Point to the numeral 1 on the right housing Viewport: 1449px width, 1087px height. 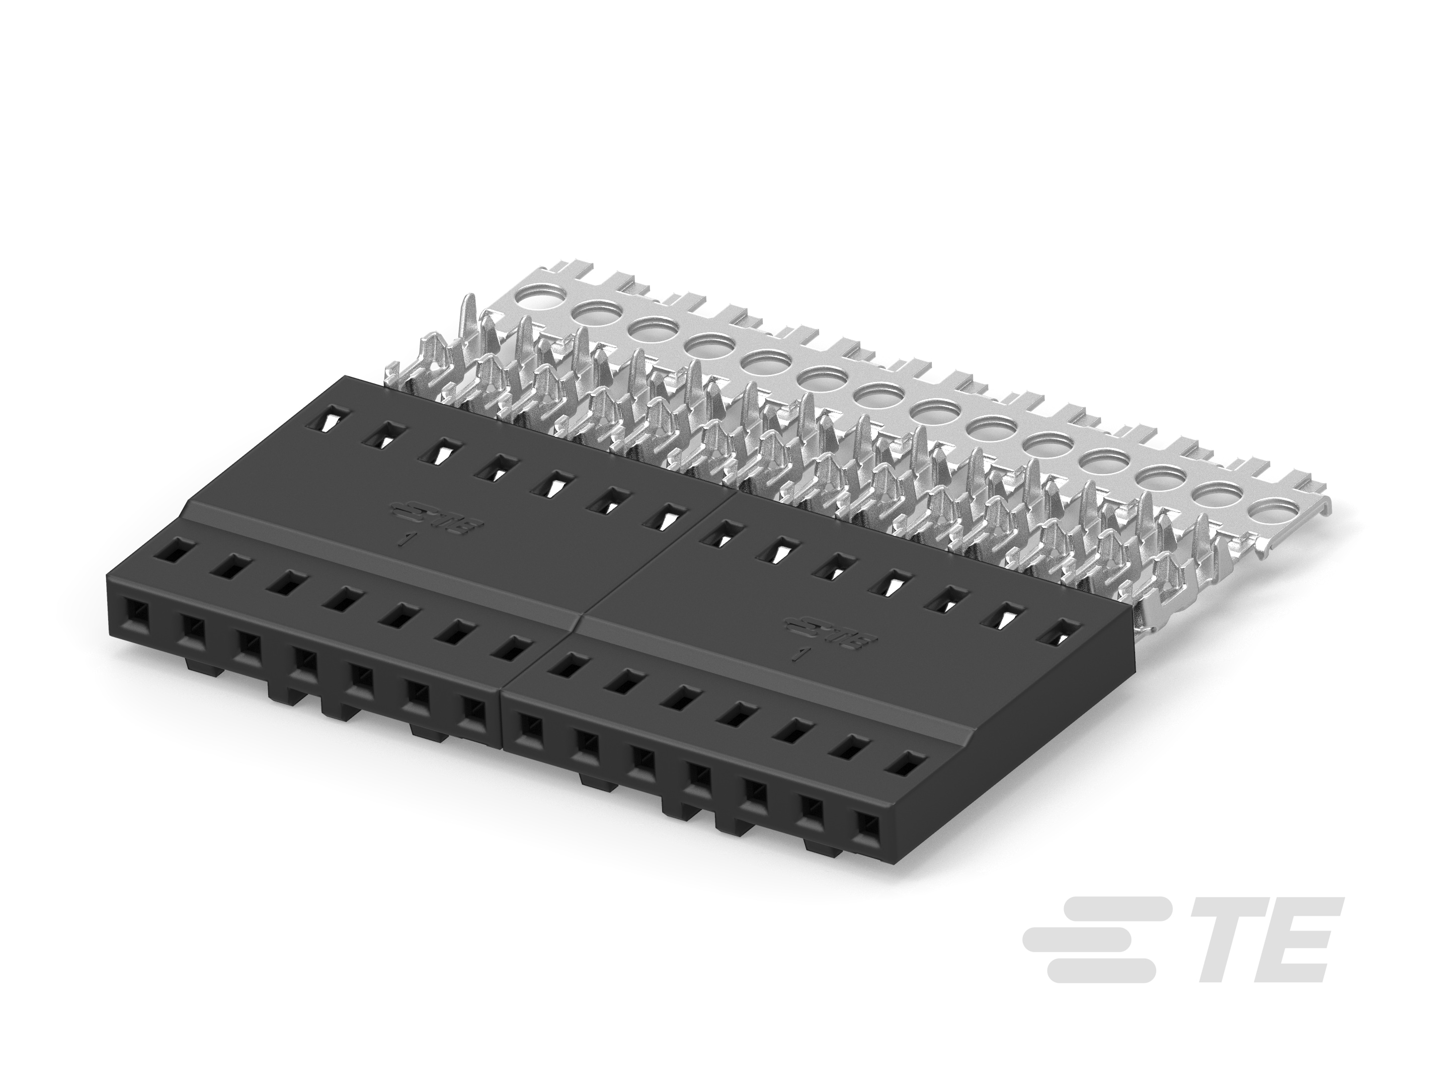[x=797, y=656]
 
